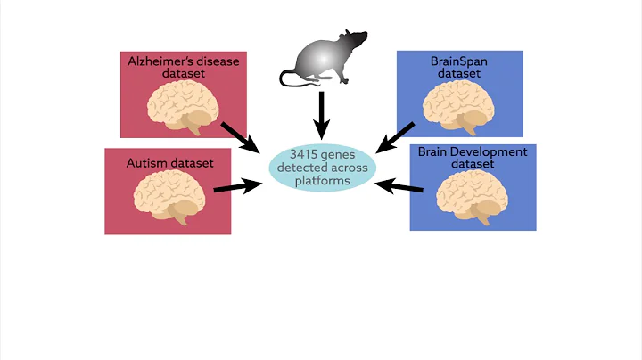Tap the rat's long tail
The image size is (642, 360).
(294, 81)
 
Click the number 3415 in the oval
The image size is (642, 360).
(303, 153)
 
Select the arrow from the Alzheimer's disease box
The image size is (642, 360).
(239, 135)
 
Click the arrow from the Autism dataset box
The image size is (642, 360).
(236, 186)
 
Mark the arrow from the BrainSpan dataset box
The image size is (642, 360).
(396, 136)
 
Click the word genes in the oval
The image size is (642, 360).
(341, 153)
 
